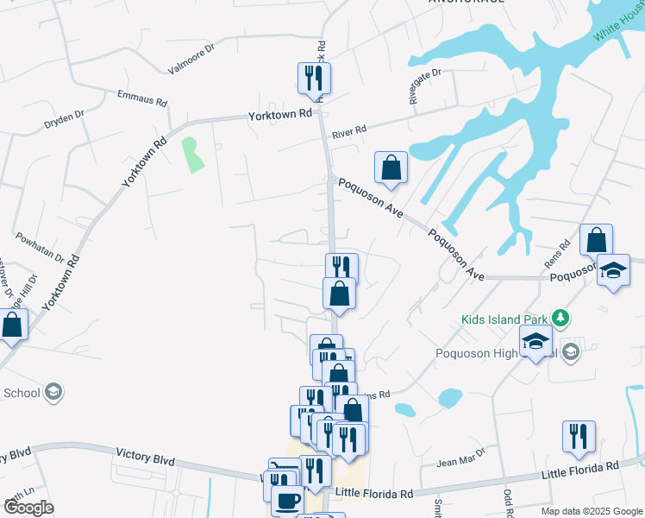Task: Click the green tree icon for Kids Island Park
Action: (560, 319)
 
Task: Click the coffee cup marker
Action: (287, 500)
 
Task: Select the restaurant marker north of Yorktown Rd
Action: (314, 79)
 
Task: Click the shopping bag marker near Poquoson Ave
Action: (391, 167)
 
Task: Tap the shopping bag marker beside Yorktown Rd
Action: (12, 325)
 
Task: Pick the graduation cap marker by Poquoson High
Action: (535, 341)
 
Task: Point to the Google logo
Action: (28, 508)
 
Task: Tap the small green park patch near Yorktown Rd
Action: (191, 153)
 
